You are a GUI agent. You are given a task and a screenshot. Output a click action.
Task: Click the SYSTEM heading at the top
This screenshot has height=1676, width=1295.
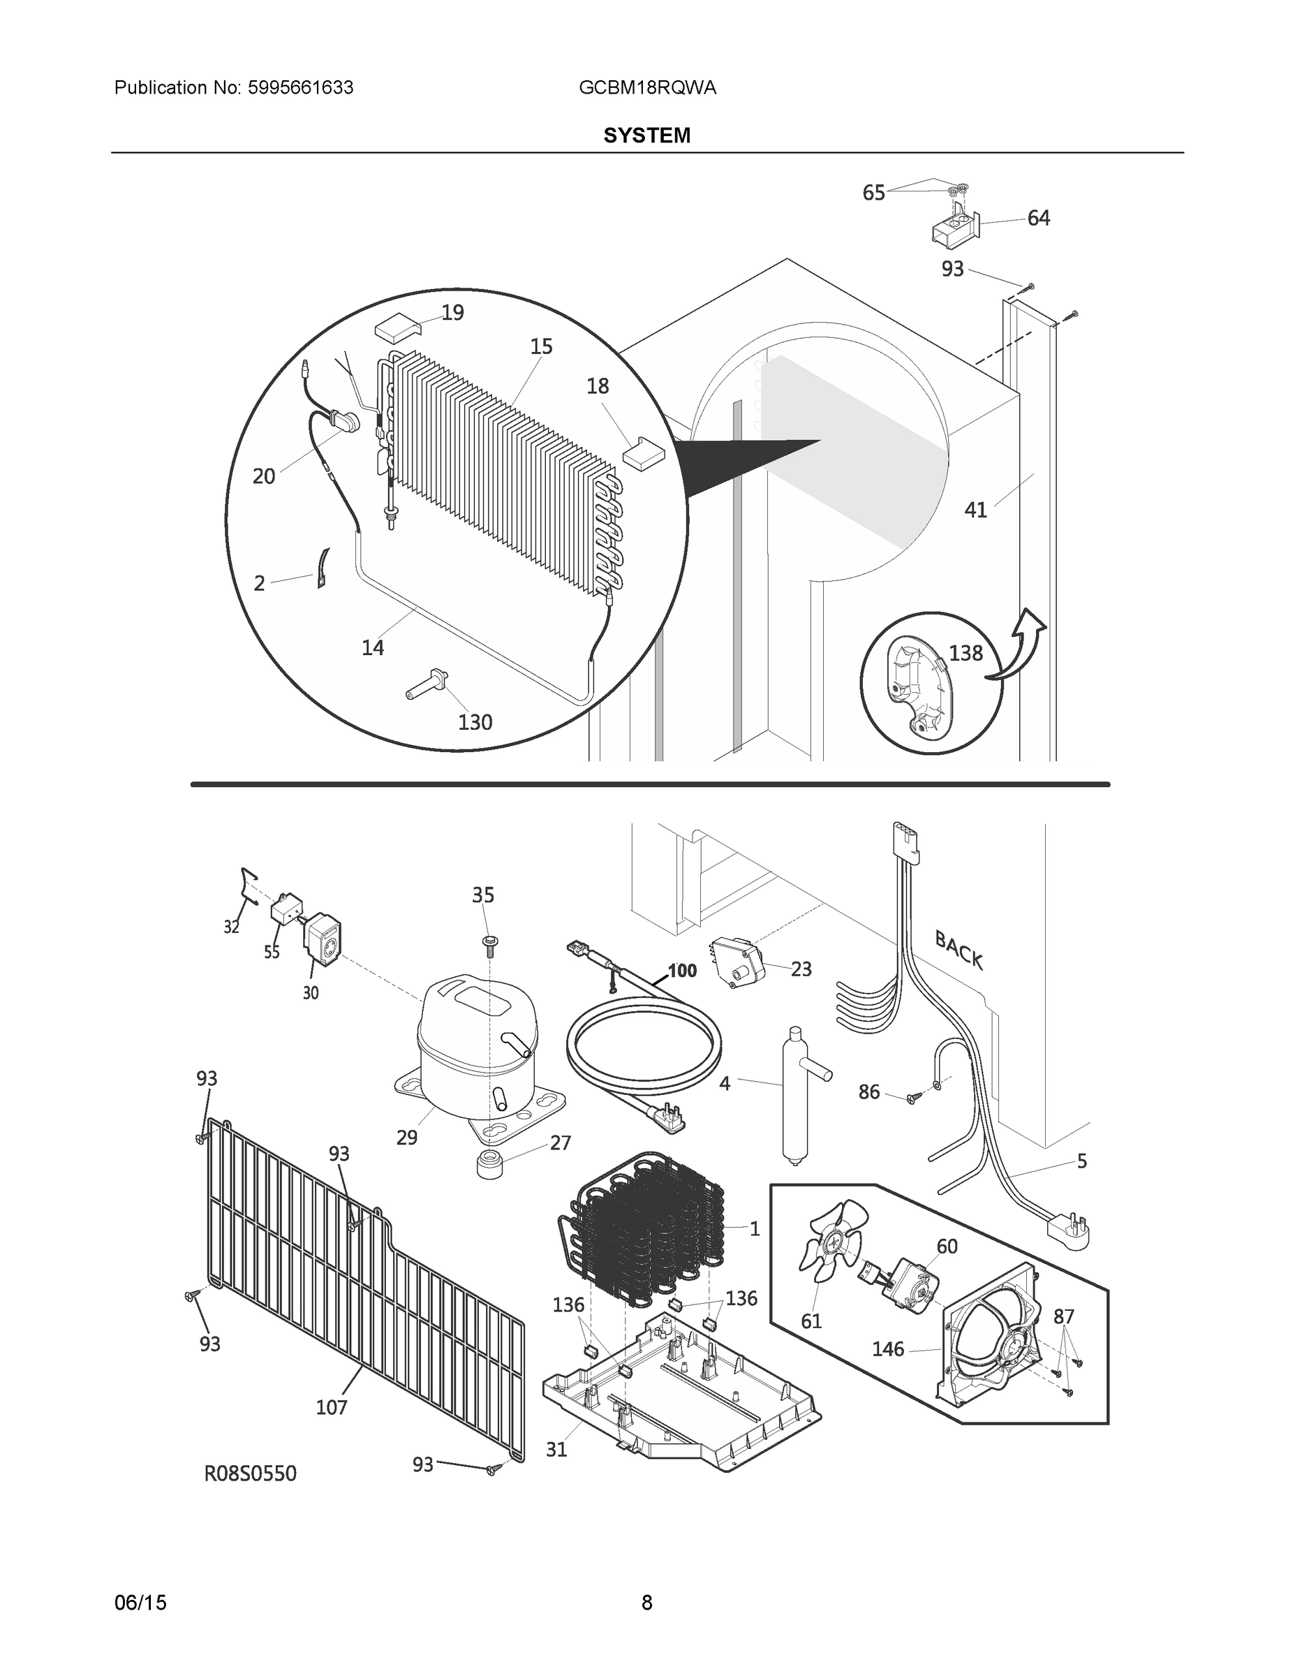pyautogui.click(x=646, y=136)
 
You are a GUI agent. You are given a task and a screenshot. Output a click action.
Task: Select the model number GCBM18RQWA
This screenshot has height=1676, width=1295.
pyautogui.click(x=648, y=88)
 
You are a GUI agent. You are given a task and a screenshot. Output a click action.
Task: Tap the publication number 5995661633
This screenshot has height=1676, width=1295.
pyautogui.click(x=299, y=88)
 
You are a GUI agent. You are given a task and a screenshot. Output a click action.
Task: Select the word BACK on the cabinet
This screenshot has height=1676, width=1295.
pyautogui.click(x=959, y=949)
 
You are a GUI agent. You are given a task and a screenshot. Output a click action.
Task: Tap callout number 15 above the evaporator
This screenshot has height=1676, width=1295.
pyautogui.click(x=541, y=347)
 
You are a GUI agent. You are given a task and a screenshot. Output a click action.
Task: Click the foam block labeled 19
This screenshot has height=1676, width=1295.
pyautogui.click(x=397, y=330)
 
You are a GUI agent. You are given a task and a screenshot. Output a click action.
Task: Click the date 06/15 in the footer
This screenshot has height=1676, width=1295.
pyautogui.click(x=140, y=1603)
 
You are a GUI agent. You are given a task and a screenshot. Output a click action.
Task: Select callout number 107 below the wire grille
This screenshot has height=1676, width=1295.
pyautogui.click(x=332, y=1406)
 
